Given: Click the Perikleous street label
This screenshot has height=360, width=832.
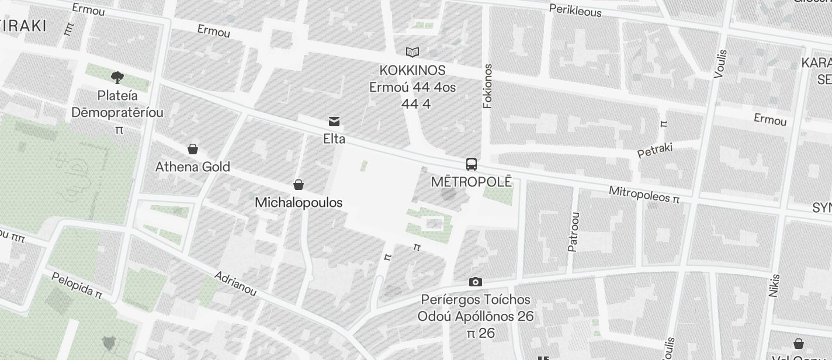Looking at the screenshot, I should click(x=575, y=11).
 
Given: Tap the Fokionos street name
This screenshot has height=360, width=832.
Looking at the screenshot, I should click(x=488, y=86).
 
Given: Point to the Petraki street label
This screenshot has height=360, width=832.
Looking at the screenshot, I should click(x=654, y=150).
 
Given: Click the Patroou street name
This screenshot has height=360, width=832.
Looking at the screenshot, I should click(x=574, y=231).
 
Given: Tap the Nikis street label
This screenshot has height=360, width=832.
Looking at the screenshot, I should click(x=775, y=286).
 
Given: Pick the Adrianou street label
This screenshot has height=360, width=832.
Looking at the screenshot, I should click(x=235, y=283).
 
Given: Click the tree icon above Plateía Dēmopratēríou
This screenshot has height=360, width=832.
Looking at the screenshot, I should click(x=117, y=77).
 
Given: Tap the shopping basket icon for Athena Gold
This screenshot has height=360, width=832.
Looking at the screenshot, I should click(x=193, y=149).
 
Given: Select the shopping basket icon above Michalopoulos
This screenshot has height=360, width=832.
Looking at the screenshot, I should click(x=299, y=185).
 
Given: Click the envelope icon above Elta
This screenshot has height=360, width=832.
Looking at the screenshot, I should click(x=334, y=122).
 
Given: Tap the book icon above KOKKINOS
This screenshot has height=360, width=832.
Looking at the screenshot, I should click(x=412, y=52).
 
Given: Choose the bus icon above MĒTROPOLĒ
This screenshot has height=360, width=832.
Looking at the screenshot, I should click(x=472, y=164).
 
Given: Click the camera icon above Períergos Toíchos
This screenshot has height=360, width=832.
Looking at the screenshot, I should click(x=476, y=282).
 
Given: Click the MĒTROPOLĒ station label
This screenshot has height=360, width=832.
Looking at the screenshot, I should click(x=472, y=182).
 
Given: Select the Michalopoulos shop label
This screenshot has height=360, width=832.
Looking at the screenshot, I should click(x=299, y=202).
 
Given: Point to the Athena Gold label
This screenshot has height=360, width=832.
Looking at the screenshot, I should click(x=193, y=167).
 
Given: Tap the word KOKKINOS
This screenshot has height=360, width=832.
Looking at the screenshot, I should click(x=412, y=71).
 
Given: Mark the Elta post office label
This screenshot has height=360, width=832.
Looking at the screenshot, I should click(x=334, y=139).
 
